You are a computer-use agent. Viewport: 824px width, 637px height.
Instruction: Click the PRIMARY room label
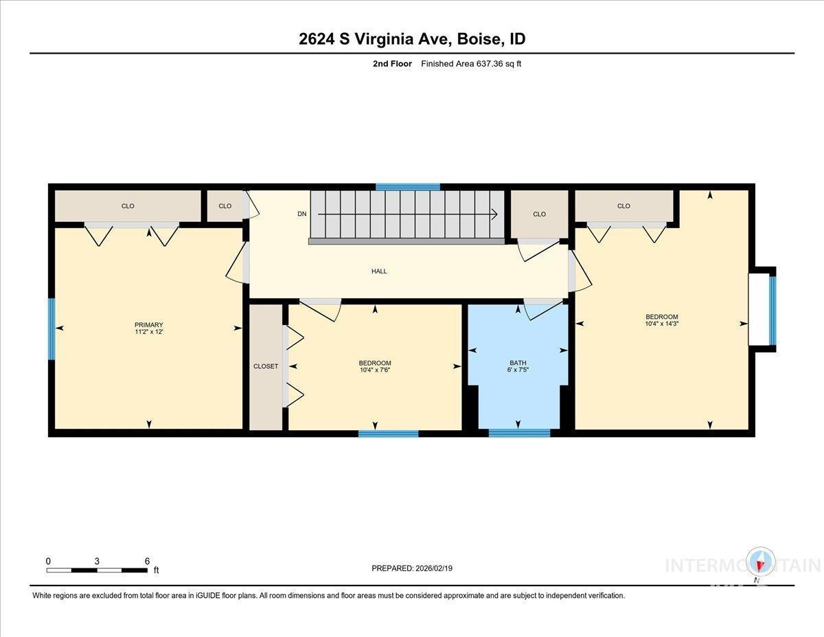(x=148, y=324)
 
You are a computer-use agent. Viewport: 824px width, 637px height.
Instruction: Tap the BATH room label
(x=518, y=363)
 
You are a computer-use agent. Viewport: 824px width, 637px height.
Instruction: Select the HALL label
(x=379, y=271)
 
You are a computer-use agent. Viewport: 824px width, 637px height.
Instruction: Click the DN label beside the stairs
(x=302, y=214)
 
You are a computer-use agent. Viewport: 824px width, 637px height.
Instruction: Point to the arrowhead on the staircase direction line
(x=494, y=214)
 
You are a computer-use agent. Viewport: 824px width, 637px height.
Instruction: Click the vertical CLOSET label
(x=266, y=366)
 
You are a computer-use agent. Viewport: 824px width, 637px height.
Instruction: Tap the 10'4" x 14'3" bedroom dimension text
(x=662, y=324)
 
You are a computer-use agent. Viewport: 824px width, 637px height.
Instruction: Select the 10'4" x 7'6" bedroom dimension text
(x=375, y=370)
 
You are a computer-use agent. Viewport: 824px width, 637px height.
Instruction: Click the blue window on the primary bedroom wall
(x=51, y=329)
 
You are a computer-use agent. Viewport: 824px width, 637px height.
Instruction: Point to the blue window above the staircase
(x=408, y=187)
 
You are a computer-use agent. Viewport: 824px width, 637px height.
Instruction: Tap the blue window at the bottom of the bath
(x=520, y=433)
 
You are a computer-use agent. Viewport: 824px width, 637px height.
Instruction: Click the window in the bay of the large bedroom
(x=772, y=311)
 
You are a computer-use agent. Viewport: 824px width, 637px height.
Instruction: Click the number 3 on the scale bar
(x=97, y=561)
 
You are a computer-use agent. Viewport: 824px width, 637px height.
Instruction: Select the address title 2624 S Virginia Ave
(x=375, y=39)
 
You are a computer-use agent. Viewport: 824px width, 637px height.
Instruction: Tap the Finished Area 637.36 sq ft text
(x=471, y=64)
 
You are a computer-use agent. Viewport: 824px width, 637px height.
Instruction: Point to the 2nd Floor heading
(x=392, y=64)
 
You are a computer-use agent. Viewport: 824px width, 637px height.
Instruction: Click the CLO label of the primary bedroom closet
(x=128, y=206)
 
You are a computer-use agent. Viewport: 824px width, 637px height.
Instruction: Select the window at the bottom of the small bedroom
(x=388, y=434)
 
